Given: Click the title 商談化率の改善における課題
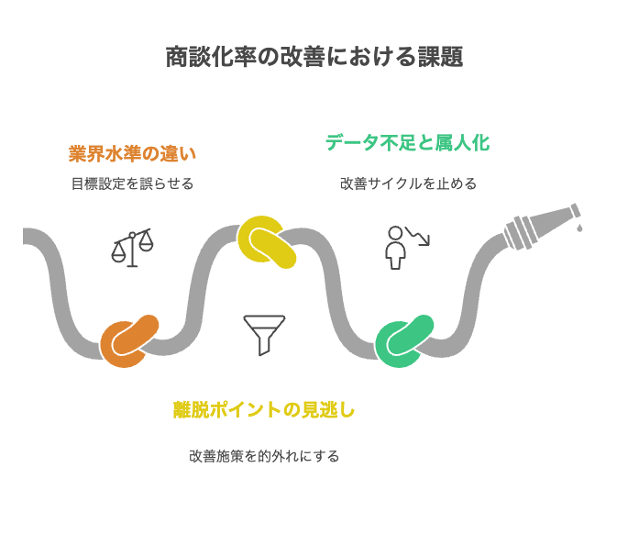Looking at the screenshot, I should tap(314, 58).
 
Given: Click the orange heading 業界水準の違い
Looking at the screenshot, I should tap(132, 152).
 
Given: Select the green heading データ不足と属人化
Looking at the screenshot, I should tap(407, 142).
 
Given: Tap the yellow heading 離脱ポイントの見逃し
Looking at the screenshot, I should tap(264, 410).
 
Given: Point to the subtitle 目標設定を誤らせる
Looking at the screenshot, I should tap(132, 184).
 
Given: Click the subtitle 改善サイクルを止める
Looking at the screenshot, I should tap(408, 184).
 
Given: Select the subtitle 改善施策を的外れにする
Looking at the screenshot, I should tap(264, 456).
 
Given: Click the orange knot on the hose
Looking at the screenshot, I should tap(130, 341).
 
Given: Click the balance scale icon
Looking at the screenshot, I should tap(133, 248).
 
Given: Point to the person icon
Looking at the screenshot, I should tap(395, 247).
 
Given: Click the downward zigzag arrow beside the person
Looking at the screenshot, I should tap(418, 236).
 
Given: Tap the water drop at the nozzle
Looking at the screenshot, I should tap(579, 227).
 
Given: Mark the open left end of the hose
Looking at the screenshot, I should tap(26, 237).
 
